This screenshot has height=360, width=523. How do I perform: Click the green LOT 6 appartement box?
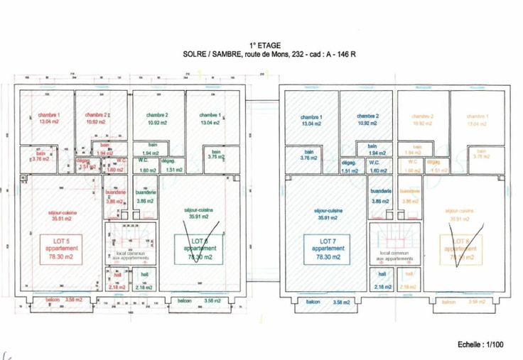point(199,249)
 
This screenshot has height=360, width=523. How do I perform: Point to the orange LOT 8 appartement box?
point(460,249)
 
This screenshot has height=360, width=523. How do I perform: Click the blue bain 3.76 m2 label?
point(309,155)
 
